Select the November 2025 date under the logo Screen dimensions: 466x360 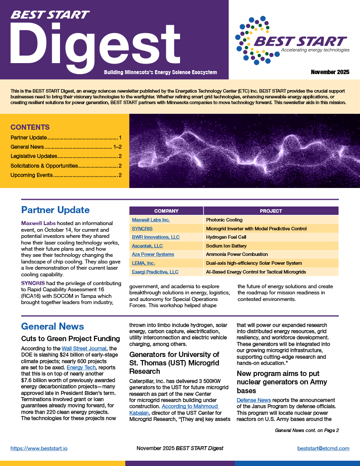pyautogui.click(x=330, y=72)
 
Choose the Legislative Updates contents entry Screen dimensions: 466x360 pyautogui.click(x=34, y=156)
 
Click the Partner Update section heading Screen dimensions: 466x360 pyautogui.click(x=55, y=210)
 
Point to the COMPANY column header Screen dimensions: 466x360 pyautogui.click(x=166, y=211)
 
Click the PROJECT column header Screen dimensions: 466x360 pyautogui.click(x=271, y=211)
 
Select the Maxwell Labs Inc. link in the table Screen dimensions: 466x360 pyautogui.click(x=151, y=220)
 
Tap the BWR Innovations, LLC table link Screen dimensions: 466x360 pyautogui.click(x=156, y=237)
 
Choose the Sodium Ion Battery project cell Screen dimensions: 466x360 pyautogui.click(x=226, y=246)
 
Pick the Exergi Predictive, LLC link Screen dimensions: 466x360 pyautogui.click(x=155, y=272)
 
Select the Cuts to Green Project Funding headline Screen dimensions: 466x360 pyautogui.click(x=71, y=339)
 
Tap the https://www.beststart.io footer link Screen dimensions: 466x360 pyautogui.click(x=39, y=448)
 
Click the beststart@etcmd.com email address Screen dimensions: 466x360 pyautogui.click(x=323, y=448)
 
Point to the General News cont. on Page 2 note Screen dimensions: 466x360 pyautogui.click(x=307, y=430)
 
